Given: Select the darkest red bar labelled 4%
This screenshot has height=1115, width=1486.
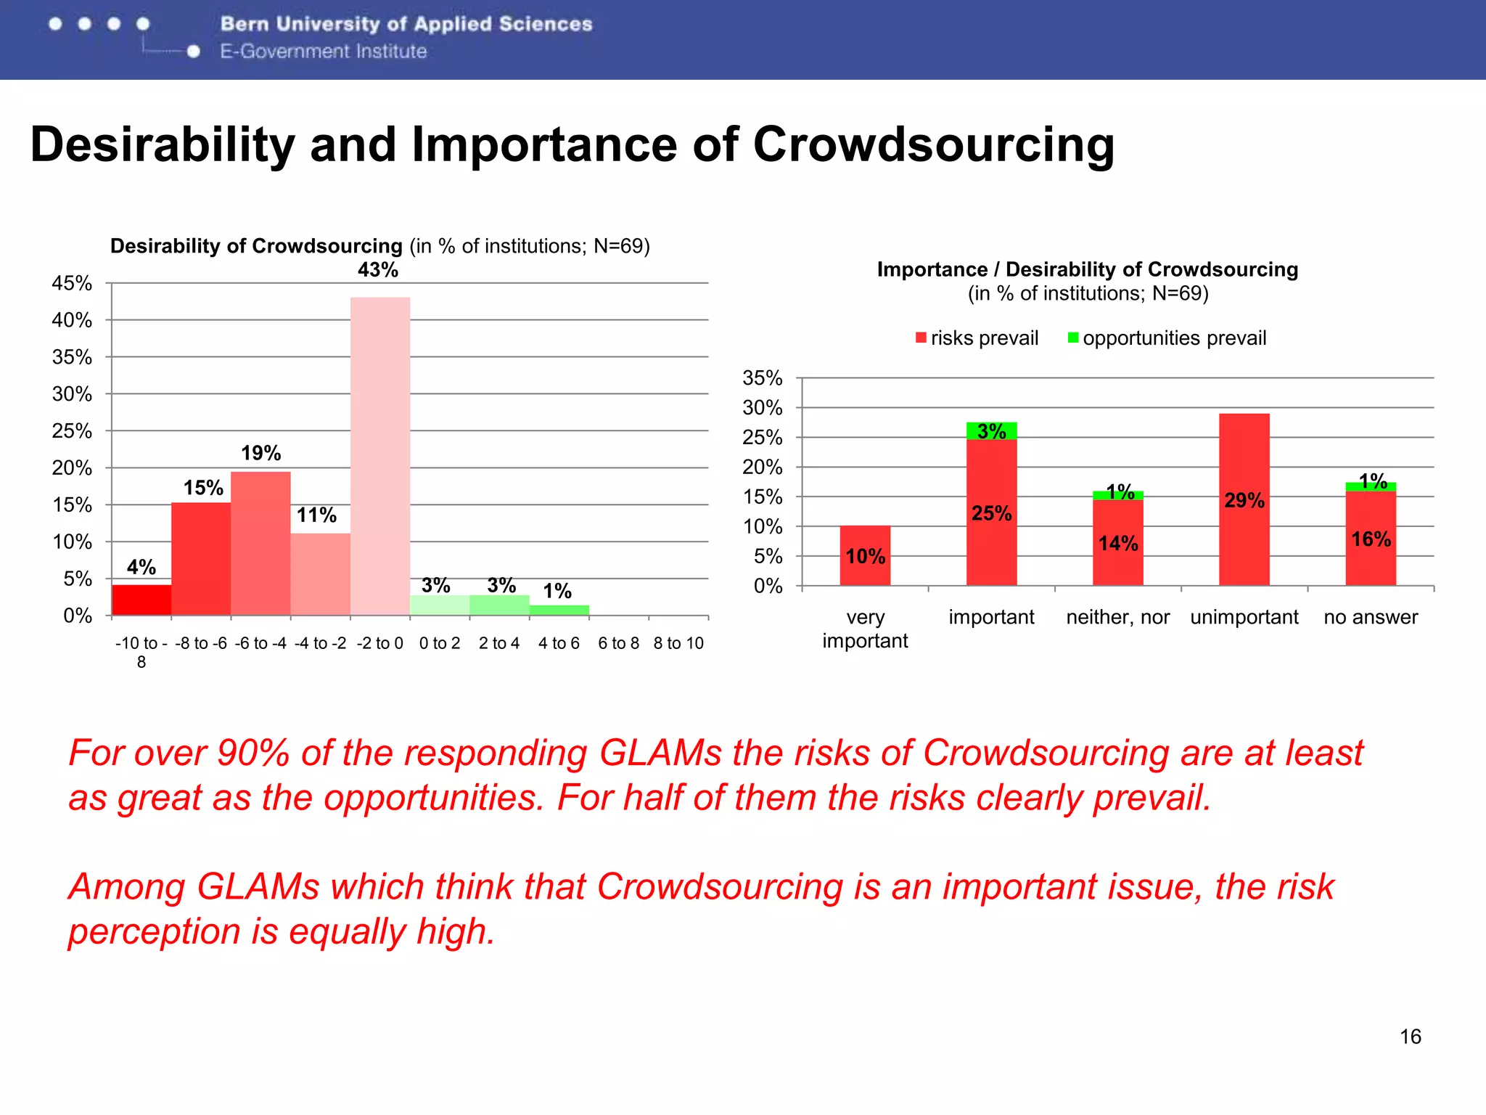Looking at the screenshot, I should coord(141,600).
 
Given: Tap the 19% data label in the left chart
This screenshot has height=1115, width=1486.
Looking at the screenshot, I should coord(260,453).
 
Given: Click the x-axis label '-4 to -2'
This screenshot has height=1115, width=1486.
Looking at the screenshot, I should coord(320,643).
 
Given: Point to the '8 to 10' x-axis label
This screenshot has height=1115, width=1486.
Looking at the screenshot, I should coord(678,643).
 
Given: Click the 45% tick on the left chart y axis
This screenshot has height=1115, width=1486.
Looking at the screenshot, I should coord(72,283).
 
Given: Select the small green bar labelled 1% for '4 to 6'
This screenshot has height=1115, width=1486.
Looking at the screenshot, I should coord(559,610).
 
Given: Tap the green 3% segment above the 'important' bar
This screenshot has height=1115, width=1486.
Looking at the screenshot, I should coord(991,430).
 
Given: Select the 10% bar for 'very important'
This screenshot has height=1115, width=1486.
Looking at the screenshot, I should coord(865,556).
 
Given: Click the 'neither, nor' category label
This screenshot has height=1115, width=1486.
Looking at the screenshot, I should coord(1117,617).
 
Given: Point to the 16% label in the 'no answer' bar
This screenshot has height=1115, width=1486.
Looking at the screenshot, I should coord(1371,539).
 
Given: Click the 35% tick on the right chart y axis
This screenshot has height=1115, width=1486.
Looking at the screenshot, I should coord(762,378).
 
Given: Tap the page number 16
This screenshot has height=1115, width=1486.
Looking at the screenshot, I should coord(1410,1037).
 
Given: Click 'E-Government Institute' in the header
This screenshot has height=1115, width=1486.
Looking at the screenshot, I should coord(324,52).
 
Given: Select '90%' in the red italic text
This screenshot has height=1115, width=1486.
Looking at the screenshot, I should coord(253,753).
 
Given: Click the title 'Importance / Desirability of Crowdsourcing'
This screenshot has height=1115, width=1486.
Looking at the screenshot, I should coord(1087,269).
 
